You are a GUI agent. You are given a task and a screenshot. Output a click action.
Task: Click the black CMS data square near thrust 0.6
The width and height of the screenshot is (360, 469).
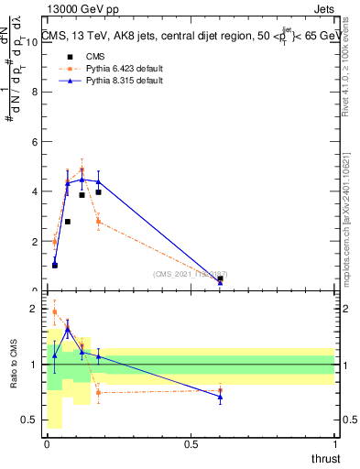point(220,278)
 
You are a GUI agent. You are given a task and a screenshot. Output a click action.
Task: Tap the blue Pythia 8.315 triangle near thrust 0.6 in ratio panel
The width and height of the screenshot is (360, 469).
point(220,397)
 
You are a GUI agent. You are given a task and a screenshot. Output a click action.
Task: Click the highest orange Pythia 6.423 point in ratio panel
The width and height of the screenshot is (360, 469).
point(55,311)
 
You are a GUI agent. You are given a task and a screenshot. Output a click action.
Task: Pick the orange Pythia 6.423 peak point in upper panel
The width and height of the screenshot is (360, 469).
point(82,170)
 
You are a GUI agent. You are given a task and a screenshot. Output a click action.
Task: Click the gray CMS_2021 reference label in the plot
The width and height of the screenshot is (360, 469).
point(190,274)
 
